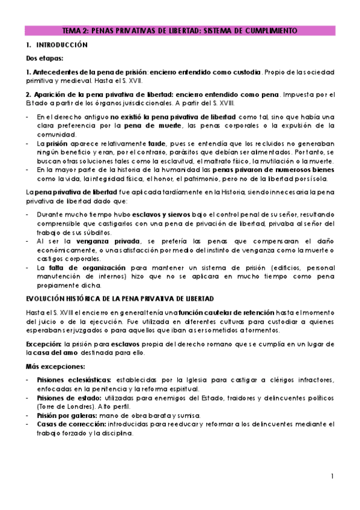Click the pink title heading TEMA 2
pos(180,31)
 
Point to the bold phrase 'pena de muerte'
pos(148,126)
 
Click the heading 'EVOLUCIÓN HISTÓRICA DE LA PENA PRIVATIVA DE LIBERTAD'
pos(120,299)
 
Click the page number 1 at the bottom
pos(332,476)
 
